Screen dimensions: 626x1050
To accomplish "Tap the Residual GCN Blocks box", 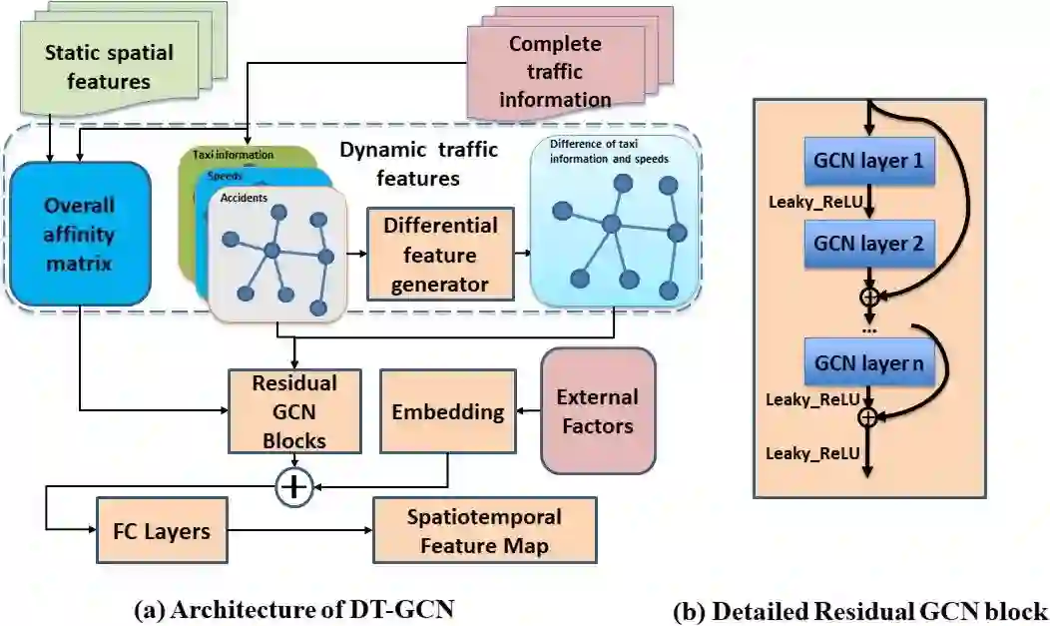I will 293,412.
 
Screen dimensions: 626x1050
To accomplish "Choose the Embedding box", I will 447,412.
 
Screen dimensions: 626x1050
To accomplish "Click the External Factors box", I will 597,410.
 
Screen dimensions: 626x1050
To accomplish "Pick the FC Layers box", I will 155,530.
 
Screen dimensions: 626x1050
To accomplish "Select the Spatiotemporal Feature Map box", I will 484,531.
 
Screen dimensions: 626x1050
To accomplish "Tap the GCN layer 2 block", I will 868,243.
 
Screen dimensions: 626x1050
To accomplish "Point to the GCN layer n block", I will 867,363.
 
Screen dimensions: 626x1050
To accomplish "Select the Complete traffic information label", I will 555,71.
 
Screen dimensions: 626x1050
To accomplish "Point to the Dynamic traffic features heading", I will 400,165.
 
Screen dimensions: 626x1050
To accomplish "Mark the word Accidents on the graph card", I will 243,197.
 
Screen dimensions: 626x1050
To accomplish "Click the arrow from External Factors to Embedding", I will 525,411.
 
